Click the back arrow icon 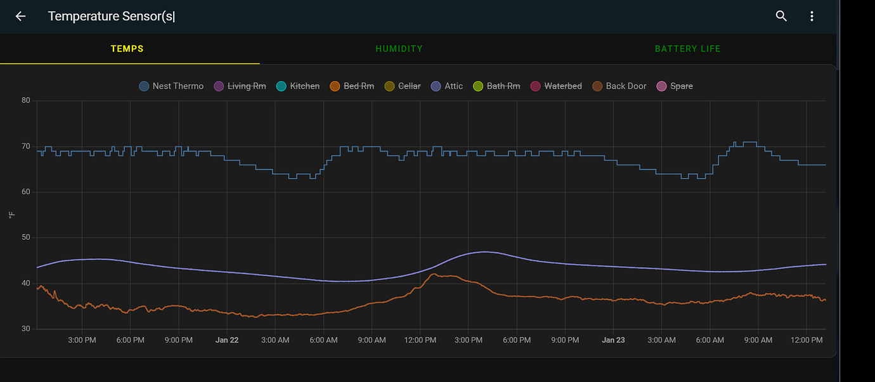(20, 16)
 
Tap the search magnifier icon (781, 16)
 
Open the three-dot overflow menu (812, 16)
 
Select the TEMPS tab (127, 49)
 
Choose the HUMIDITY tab (399, 49)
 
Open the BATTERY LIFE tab (687, 49)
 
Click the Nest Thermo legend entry (171, 86)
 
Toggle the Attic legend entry (446, 86)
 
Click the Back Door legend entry (619, 86)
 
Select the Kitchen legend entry (298, 86)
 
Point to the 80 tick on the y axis (25, 100)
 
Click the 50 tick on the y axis (25, 237)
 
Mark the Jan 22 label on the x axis (227, 341)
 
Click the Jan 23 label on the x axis (613, 341)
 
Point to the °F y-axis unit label (11, 215)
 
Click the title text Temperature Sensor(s (111, 16)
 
